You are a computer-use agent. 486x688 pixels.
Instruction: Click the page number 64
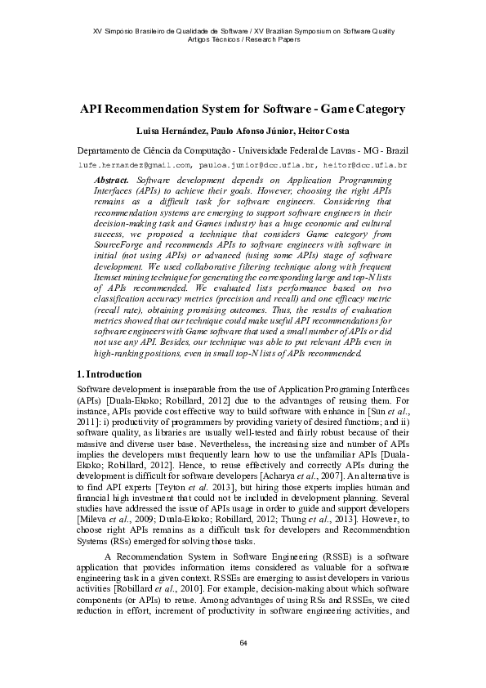tap(243, 642)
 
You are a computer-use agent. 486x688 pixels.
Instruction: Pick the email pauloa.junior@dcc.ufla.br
tap(258, 164)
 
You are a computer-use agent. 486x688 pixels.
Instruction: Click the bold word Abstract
tap(112, 177)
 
